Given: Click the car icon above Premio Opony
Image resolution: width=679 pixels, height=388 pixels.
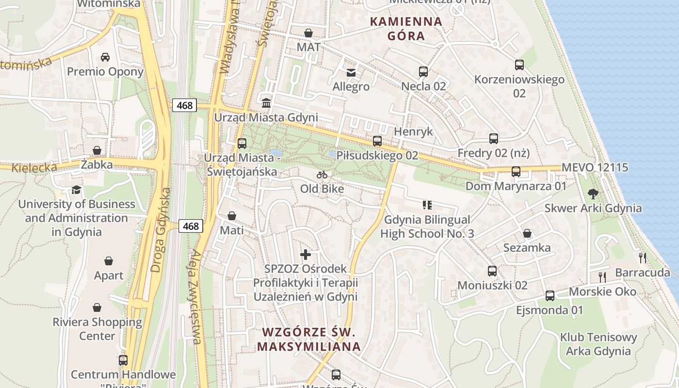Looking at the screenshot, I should pyautogui.click(x=105, y=57).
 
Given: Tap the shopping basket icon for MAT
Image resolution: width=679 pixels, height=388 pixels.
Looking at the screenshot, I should pyautogui.click(x=308, y=33).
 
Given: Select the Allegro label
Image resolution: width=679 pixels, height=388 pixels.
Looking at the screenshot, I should pyautogui.click(x=351, y=87).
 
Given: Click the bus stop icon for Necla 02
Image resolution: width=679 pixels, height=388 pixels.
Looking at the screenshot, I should pyautogui.click(x=423, y=72).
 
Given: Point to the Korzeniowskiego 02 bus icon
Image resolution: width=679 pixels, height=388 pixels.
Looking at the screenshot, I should pyautogui.click(x=519, y=65).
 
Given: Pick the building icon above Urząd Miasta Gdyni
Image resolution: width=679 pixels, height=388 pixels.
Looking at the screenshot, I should pyautogui.click(x=266, y=103).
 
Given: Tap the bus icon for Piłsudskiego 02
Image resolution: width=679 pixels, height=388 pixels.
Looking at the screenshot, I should pyautogui.click(x=377, y=141).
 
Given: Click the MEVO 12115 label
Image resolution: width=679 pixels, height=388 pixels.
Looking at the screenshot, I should pyautogui.click(x=595, y=168).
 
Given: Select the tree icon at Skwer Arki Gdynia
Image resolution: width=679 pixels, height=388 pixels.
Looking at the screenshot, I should pyautogui.click(x=593, y=194).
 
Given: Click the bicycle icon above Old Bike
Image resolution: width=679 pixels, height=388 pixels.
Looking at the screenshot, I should pyautogui.click(x=322, y=175).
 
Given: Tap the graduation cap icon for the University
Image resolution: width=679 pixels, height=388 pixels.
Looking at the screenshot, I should pyautogui.click(x=76, y=190).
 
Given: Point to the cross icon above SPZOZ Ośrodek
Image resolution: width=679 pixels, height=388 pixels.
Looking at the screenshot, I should pyautogui.click(x=306, y=254).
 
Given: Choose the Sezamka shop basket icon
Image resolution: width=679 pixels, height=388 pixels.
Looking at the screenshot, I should pyautogui.click(x=527, y=234).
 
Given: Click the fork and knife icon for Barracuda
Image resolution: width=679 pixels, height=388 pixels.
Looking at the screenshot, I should pyautogui.click(x=643, y=258).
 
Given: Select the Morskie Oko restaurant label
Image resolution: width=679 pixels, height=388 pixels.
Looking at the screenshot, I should pyautogui.click(x=602, y=292).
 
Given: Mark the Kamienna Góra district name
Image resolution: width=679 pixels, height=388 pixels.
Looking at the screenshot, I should pyautogui.click(x=406, y=29).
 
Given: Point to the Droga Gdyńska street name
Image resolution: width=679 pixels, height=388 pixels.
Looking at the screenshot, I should pyautogui.click(x=161, y=230).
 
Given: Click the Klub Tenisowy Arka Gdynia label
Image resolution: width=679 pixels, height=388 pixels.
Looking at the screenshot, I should pyautogui.click(x=598, y=344).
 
